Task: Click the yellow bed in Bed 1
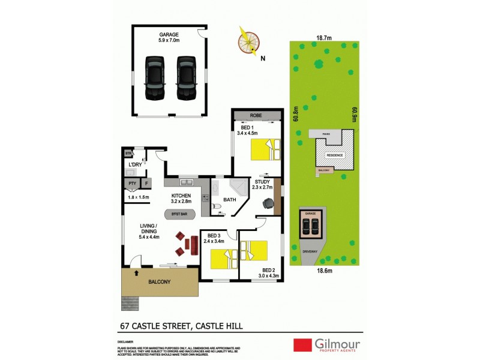[265, 149]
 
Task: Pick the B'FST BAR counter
[179, 214]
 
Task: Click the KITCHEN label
[181, 196]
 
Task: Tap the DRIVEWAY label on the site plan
[310, 251]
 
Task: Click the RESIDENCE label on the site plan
[335, 155]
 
